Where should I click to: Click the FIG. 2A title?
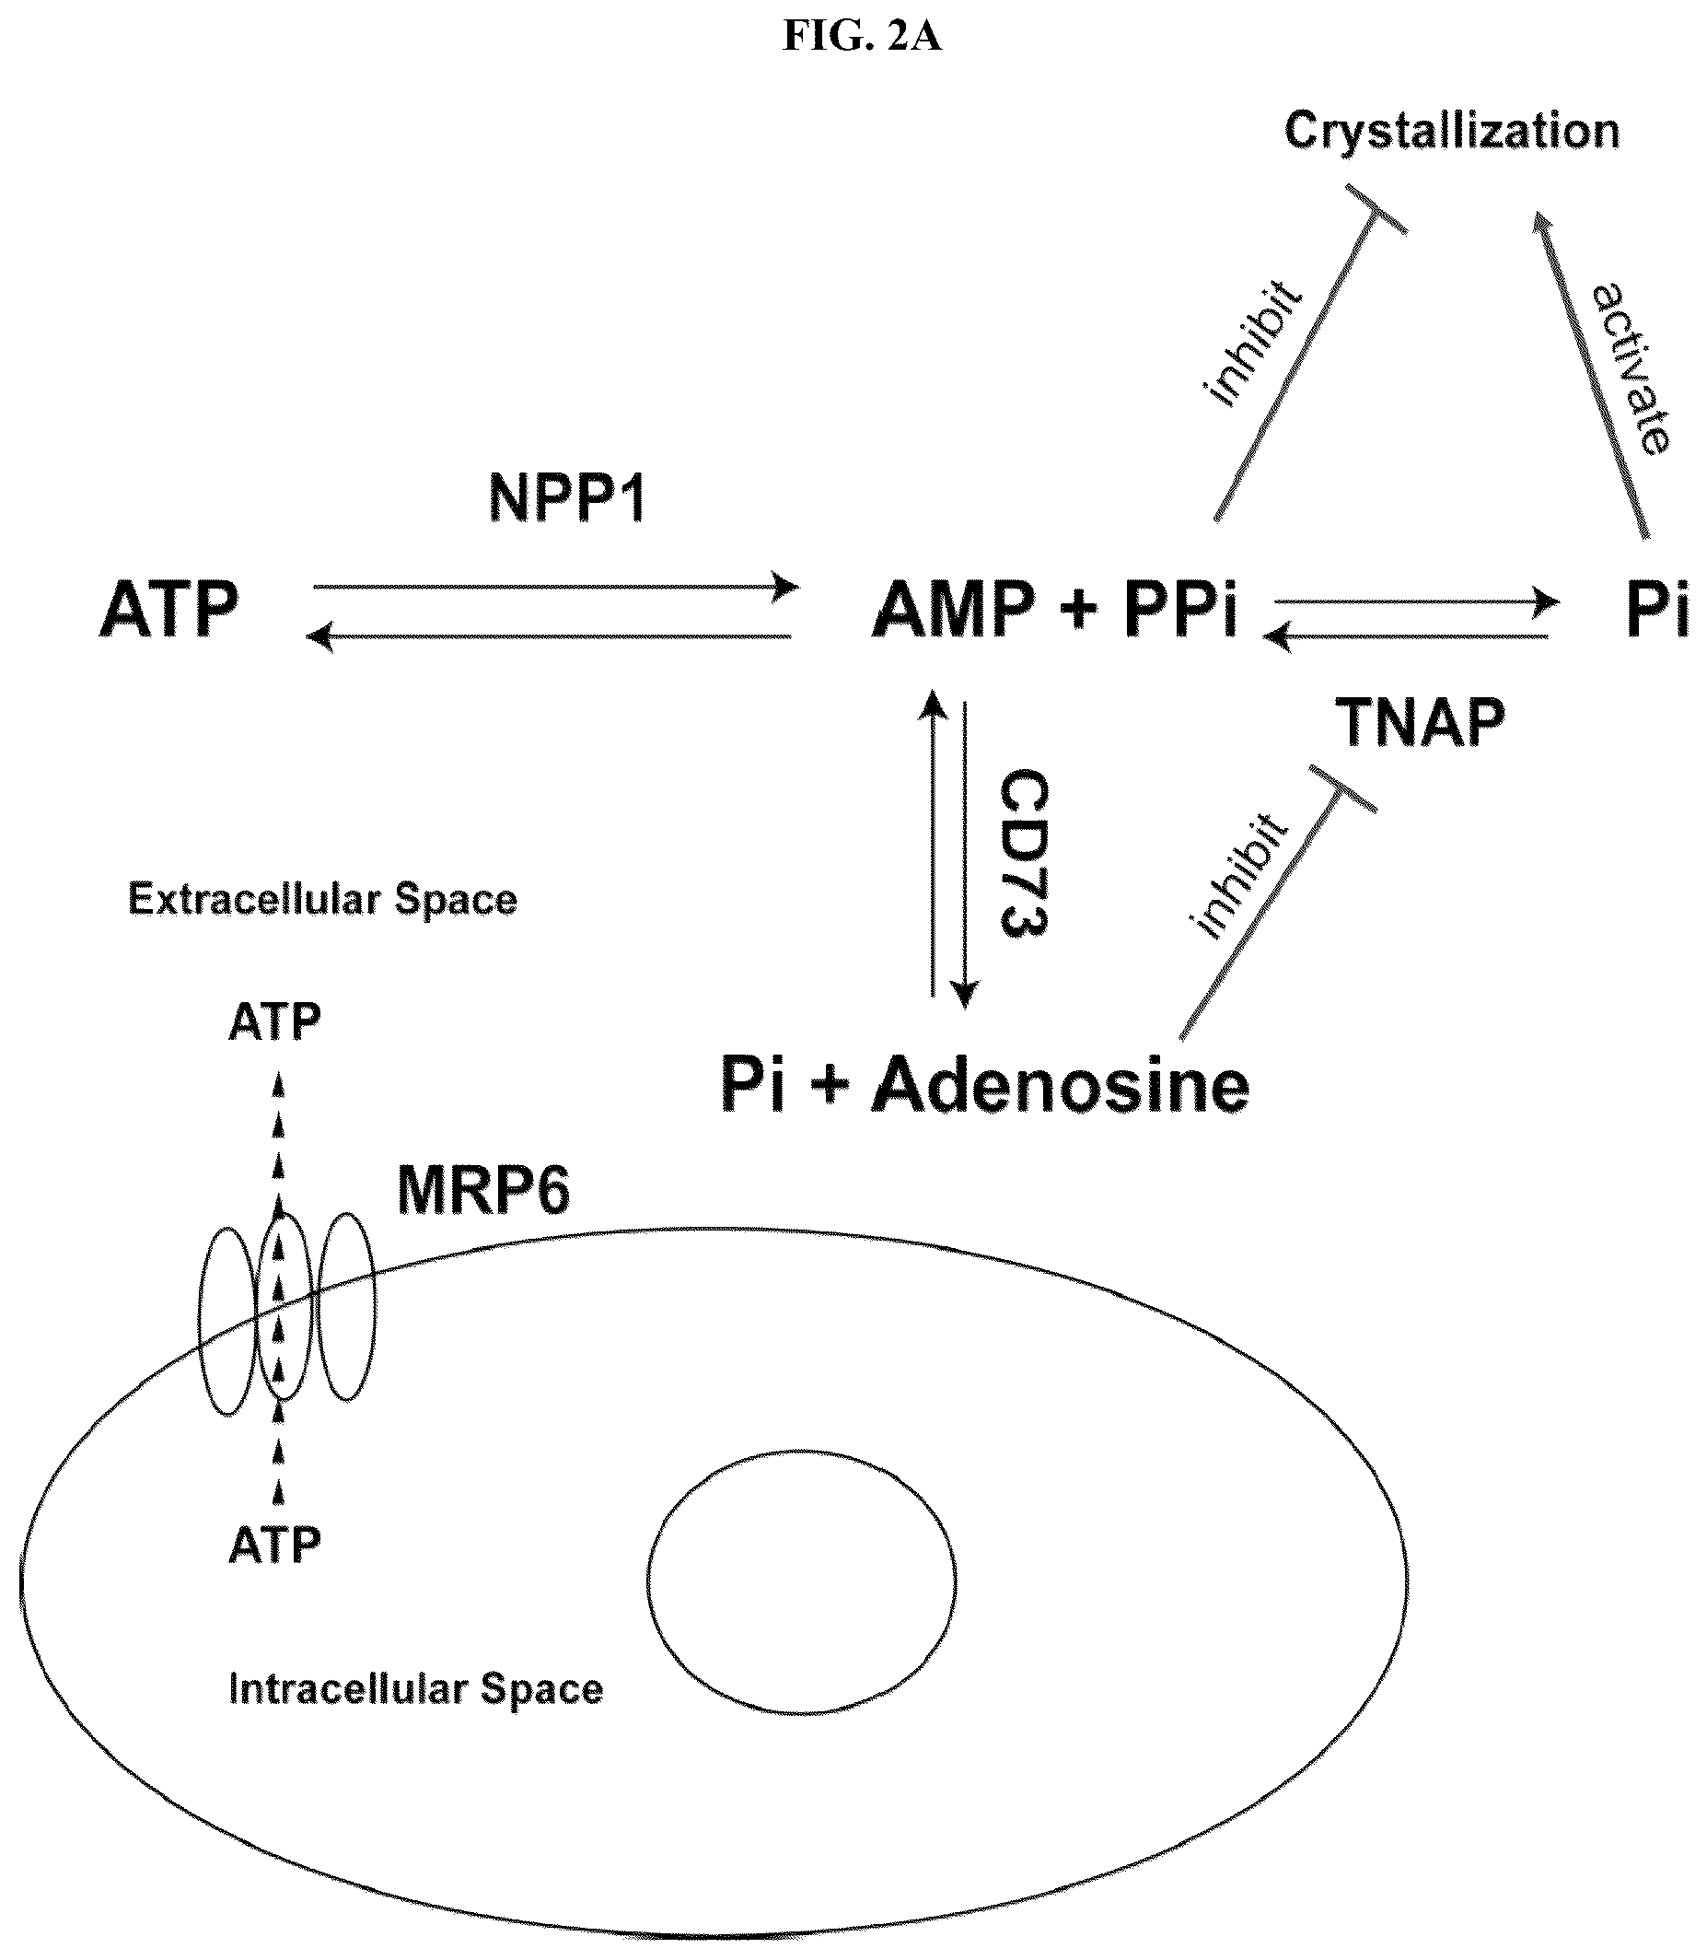(x=862, y=36)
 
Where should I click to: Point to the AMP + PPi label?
(x=1055, y=610)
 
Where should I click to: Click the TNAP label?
(x=1421, y=722)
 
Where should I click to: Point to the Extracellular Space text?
(x=322, y=900)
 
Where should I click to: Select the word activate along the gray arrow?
(x=1632, y=368)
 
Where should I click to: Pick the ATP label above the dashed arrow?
(x=274, y=1022)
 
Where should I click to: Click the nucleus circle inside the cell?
(x=648, y=1582)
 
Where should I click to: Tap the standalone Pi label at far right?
(x=1657, y=610)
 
